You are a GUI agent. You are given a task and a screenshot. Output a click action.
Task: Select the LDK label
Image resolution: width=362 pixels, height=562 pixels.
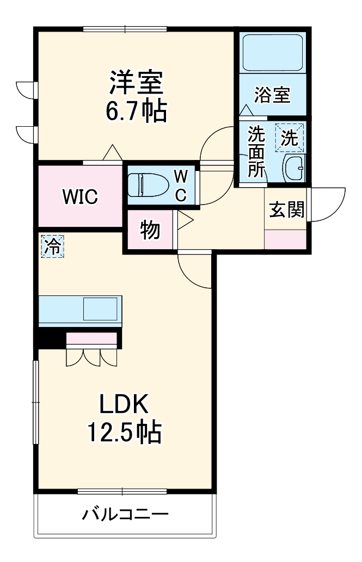tap(123, 405)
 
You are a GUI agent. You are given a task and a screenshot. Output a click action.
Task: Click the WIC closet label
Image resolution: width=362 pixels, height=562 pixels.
tap(79, 196)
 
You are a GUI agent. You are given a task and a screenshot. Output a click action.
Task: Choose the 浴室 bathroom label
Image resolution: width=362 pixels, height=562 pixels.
tap(272, 95)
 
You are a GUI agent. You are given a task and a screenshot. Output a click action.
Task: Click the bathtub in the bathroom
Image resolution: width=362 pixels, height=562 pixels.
tap(272, 53)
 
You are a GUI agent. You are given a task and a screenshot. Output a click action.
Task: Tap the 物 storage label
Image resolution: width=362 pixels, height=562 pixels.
tap(149, 230)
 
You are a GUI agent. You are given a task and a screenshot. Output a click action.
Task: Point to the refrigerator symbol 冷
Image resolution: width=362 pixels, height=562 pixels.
tap(52, 246)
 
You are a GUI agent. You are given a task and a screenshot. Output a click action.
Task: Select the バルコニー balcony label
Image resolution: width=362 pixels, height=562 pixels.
tap(125, 514)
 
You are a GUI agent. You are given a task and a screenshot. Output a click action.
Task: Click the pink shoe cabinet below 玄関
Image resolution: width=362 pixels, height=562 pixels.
tap(285, 240)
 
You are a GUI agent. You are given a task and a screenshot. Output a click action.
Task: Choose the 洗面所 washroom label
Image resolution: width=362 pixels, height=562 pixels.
tap(255, 152)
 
